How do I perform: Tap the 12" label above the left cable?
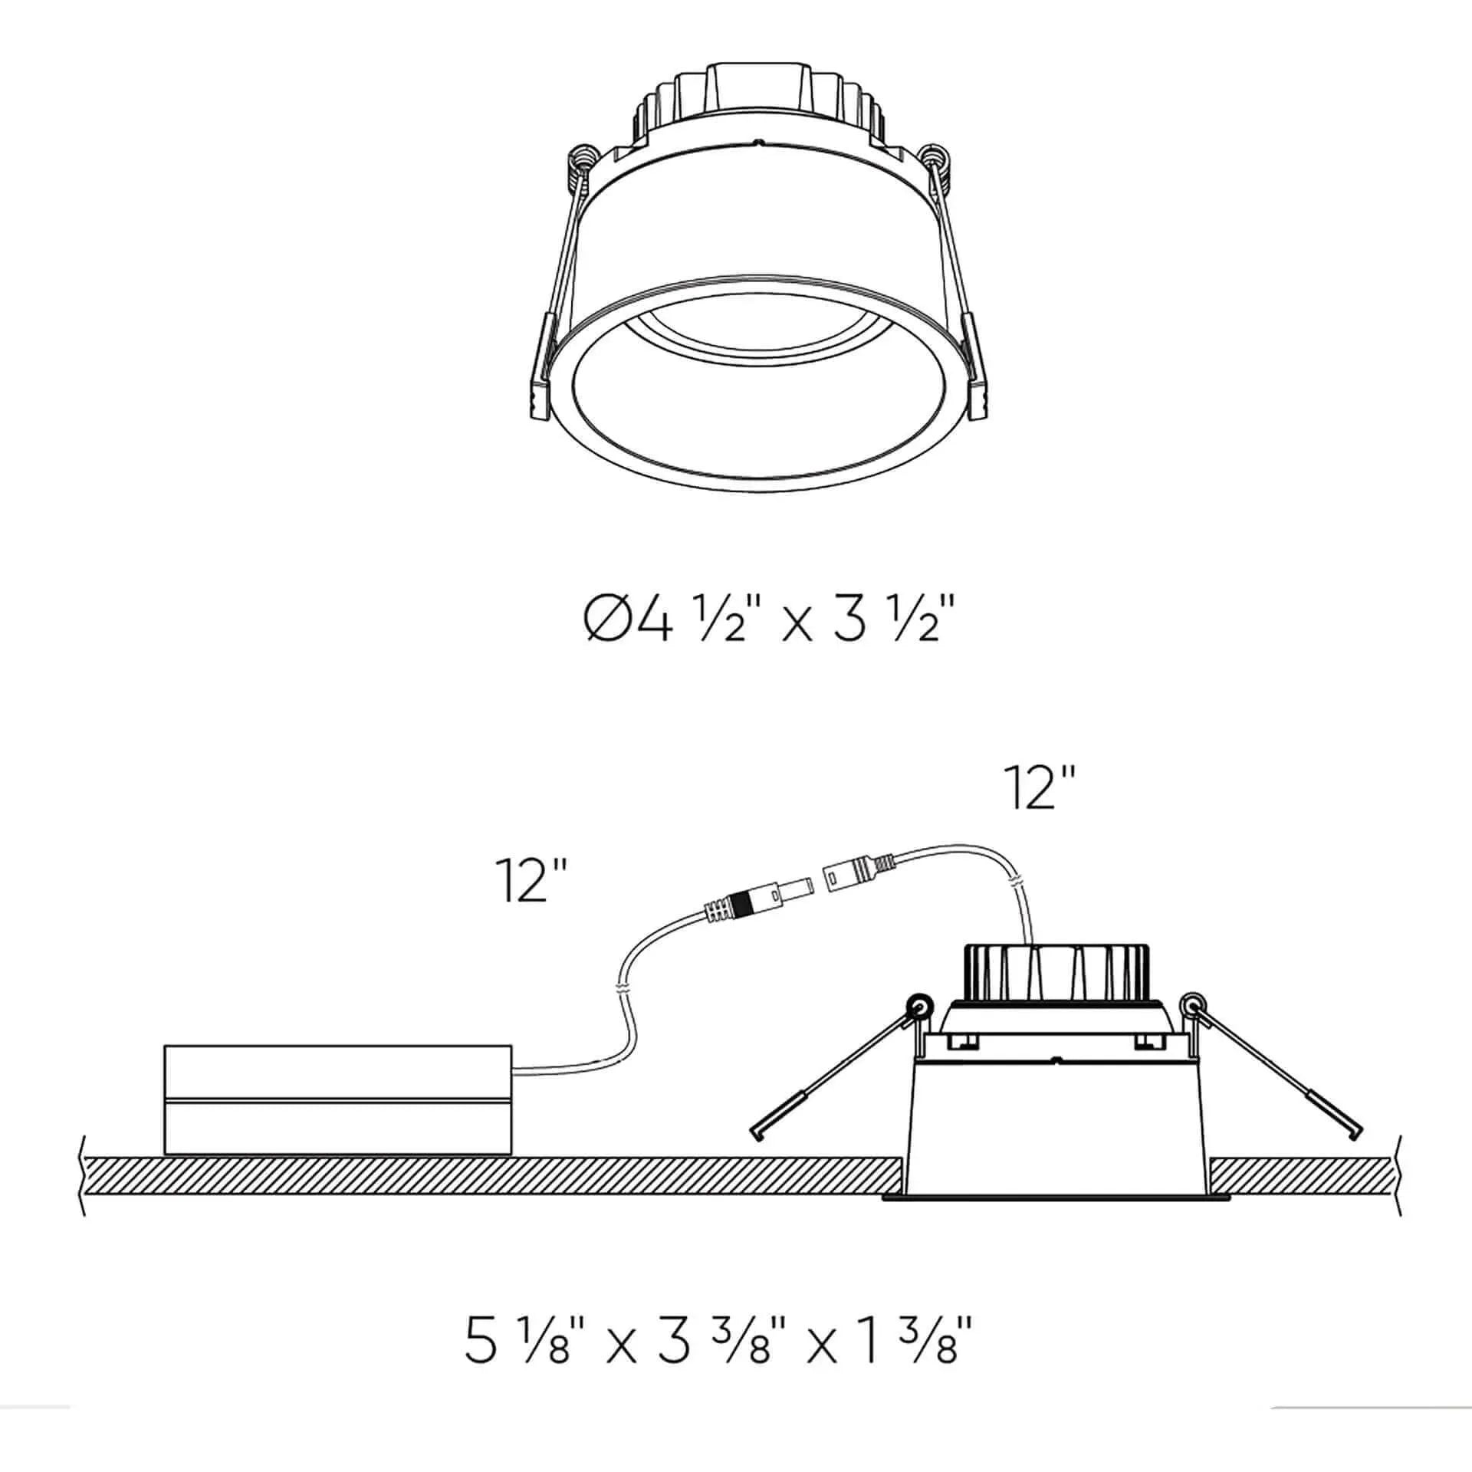[x=531, y=880]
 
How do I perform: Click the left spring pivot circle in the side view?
[x=918, y=1004]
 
